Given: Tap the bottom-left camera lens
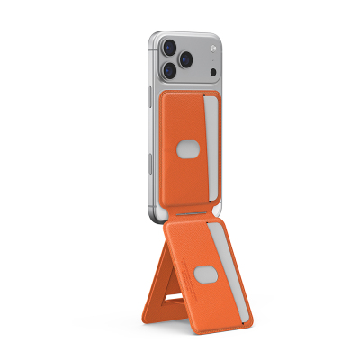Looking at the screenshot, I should click(x=169, y=70).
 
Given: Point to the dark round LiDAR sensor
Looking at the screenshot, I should click(x=211, y=71).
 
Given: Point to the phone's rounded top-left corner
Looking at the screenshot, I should click(x=152, y=34).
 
